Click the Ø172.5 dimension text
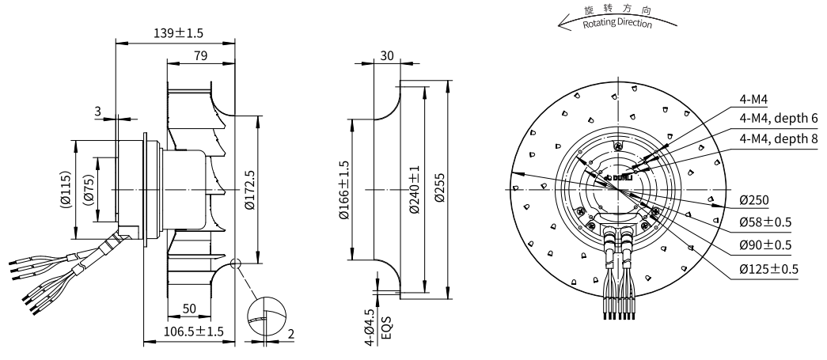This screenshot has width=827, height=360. pos(249,191)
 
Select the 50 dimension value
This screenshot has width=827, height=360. pos(190,306)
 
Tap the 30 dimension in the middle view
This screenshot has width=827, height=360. pos(386,55)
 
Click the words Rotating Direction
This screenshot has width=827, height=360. pos(617,22)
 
